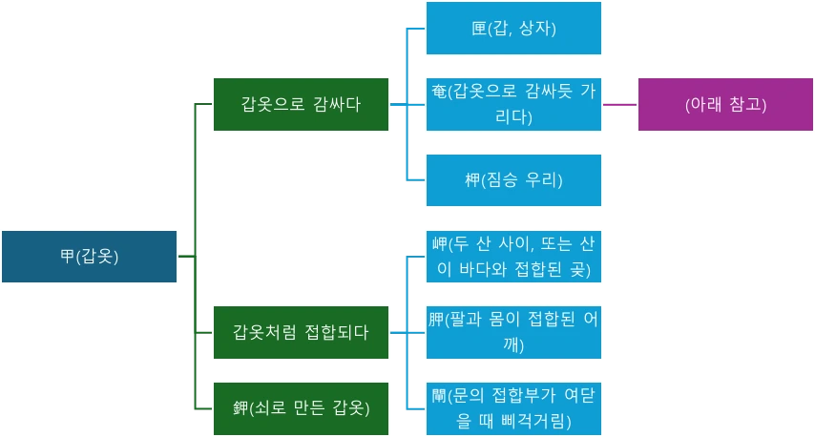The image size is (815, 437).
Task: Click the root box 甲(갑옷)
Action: (89, 256)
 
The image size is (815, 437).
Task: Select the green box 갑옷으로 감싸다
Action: (301, 103)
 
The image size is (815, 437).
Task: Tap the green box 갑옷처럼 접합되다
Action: (301, 332)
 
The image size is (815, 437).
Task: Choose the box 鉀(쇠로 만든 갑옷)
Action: (301, 408)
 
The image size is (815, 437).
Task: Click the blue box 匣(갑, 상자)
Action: (513, 28)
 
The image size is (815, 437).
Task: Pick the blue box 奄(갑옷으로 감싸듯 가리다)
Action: (513, 104)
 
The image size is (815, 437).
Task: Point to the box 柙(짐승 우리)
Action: (513, 179)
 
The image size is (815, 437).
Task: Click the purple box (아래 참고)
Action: (725, 104)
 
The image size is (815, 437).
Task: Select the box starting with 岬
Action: (513, 257)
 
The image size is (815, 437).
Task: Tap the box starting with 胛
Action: (513, 332)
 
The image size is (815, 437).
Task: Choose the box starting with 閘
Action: (513, 408)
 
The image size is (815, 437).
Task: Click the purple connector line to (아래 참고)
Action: (619, 103)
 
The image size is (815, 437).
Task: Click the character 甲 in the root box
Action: (67, 256)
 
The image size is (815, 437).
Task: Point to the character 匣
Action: (478, 29)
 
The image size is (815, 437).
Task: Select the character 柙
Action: (471, 179)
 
